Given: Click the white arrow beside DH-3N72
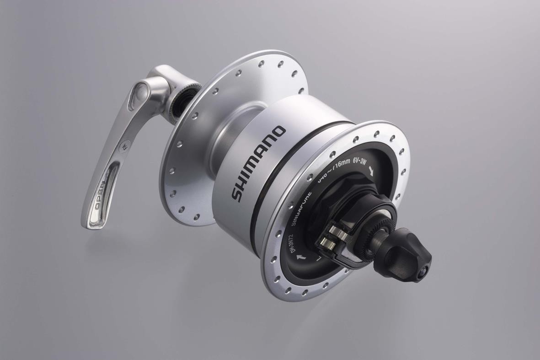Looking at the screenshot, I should point(300,258).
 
